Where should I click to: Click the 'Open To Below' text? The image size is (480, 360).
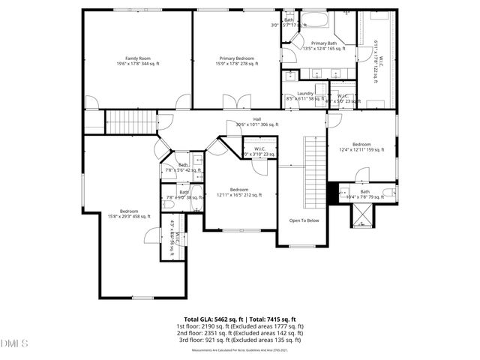[x=304, y=220]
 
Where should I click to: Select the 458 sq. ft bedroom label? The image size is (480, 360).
[x=129, y=214]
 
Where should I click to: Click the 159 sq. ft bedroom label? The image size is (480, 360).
[x=361, y=147]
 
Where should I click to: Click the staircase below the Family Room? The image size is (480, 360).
[x=130, y=120]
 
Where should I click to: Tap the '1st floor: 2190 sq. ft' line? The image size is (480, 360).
[x=239, y=326]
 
